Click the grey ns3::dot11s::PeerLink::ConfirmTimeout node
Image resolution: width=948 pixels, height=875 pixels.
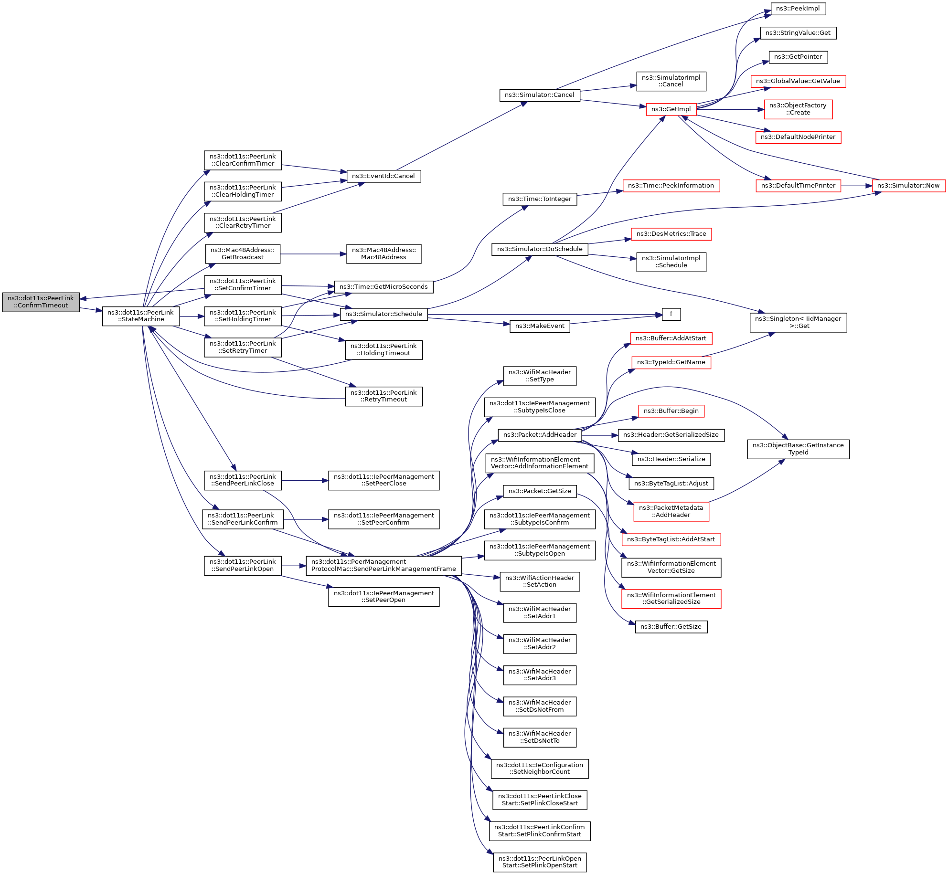coord(41,302)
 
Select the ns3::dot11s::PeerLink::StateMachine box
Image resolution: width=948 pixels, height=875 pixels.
coord(141,316)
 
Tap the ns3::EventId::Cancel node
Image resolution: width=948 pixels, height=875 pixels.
coord(383,176)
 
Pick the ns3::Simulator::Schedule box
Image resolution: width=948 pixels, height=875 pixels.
coord(383,314)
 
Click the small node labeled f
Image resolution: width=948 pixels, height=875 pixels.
coord(671,314)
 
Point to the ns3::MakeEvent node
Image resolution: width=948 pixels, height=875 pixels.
coord(540,326)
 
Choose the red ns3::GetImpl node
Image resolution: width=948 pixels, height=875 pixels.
coord(671,109)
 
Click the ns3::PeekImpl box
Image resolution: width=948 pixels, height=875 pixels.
coord(798,9)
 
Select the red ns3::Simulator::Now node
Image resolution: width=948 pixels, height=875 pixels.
coord(908,186)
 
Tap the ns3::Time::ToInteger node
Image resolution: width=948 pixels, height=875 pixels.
coord(540,199)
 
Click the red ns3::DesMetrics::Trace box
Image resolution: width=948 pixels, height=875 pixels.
coord(671,234)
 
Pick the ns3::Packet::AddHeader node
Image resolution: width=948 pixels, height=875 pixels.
coord(540,435)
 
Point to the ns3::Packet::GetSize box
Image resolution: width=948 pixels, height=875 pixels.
coord(540,491)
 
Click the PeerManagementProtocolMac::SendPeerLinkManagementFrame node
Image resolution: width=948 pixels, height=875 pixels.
coord(383,566)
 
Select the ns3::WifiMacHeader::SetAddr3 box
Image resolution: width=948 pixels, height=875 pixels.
coord(540,675)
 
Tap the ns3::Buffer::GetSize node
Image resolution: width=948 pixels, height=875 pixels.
coord(671,627)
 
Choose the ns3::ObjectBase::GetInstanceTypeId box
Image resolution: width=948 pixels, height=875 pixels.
coord(798,449)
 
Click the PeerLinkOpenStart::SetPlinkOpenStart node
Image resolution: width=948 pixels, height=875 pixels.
coord(540,862)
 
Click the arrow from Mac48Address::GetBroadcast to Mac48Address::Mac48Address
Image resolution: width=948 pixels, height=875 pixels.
coord(313,254)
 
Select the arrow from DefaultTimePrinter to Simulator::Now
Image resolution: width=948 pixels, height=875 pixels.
coord(856,186)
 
